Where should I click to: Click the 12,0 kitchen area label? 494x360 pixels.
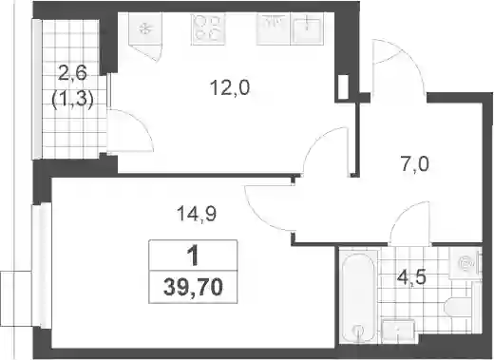tap(230, 87)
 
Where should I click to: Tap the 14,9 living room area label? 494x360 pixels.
tap(197, 214)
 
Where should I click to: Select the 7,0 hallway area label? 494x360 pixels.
tap(415, 164)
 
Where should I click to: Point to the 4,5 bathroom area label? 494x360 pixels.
tap(410, 277)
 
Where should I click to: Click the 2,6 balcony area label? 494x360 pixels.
tap(73, 75)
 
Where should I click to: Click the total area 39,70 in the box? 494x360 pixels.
tap(193, 288)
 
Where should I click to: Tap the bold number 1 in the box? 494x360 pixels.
tap(193, 256)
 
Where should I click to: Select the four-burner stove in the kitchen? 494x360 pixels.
tap(208, 28)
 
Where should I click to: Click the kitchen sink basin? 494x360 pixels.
tap(306, 28)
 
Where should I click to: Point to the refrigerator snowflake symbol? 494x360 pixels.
tap(145, 28)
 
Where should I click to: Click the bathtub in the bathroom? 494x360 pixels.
tap(359, 296)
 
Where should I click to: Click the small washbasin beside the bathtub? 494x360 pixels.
tap(398, 331)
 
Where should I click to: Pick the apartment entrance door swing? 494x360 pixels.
tap(398, 66)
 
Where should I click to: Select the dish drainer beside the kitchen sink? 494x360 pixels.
tap(273, 28)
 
